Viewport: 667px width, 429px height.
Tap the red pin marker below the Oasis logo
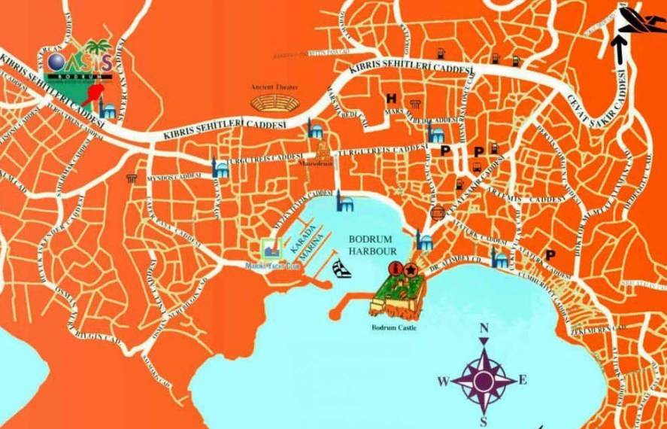click(95, 94)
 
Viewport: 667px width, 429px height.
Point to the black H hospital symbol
click(391, 99)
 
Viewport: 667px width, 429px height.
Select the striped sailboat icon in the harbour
click(341, 269)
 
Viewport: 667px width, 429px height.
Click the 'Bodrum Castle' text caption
click(394, 328)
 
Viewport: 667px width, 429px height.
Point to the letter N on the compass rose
click(484, 328)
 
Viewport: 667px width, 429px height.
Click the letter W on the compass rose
click(444, 381)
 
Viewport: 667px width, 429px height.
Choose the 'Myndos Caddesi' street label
click(176, 175)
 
